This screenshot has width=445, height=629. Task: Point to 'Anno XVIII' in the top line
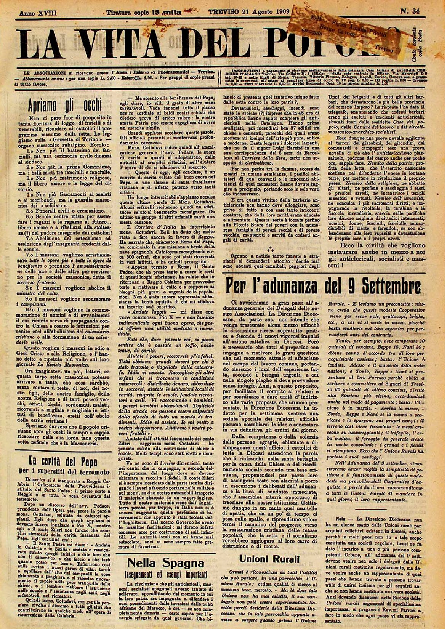(32, 12)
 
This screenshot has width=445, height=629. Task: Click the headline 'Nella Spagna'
(165, 562)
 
